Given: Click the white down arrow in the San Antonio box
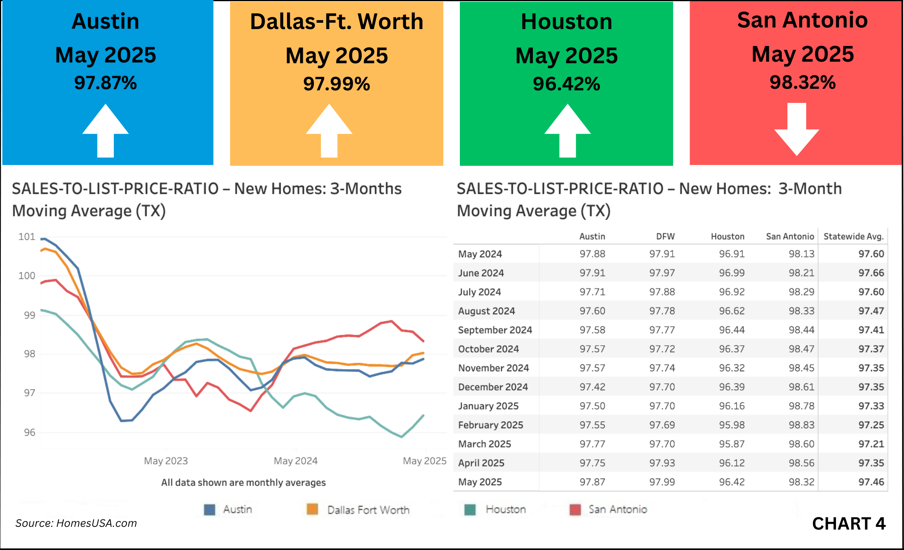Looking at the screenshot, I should point(797,130).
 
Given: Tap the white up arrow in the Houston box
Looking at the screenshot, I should point(567,131).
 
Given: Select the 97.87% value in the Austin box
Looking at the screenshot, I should point(106,83).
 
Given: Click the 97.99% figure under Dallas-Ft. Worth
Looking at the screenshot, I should point(337,84).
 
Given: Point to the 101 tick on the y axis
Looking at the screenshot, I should point(27,236).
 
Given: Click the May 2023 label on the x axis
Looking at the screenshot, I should point(166,460).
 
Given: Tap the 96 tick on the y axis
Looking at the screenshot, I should point(29,432).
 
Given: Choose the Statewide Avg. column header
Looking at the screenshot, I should point(853,236).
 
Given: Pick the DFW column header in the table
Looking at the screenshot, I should point(665,236).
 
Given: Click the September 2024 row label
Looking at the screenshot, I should point(495,330).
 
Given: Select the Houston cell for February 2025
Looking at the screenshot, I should point(732,425).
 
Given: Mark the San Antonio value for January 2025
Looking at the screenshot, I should point(802,406).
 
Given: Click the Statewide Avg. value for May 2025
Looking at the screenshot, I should point(871,482).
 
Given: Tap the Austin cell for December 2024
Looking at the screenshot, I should point(592,387).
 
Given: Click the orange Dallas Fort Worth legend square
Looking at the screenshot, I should point(312,510).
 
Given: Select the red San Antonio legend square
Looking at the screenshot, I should point(575,510).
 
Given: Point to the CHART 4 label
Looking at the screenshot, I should point(849,524).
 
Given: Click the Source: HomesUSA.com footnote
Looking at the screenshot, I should point(76,523).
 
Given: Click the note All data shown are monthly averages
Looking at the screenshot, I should point(243,482).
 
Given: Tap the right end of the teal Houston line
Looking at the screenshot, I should point(423,416).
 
